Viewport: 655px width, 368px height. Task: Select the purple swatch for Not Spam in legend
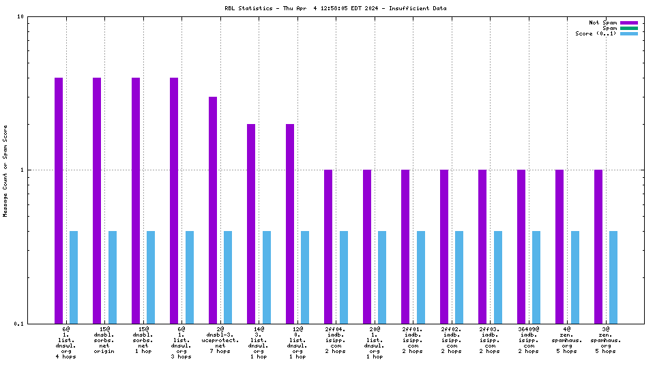tap(628, 22)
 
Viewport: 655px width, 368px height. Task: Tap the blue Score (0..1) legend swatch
tap(628, 33)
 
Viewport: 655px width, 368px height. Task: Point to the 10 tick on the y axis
tap(20, 17)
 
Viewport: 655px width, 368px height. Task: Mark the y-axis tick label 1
tap(23, 170)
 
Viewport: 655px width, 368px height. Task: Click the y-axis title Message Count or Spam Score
tap(6, 170)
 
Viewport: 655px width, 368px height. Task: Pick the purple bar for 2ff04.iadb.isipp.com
tap(328, 247)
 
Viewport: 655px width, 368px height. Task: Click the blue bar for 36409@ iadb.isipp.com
tap(536, 277)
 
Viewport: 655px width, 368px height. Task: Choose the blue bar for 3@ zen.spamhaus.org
tap(613, 277)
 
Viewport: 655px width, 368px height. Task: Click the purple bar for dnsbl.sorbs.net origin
tap(97, 200)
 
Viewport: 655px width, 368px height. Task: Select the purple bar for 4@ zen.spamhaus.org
tap(559, 247)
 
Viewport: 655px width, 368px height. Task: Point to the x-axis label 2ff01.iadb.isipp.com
tap(413, 340)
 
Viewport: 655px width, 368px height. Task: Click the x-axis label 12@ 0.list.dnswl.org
tap(297, 340)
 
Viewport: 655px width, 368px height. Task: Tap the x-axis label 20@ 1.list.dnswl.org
tap(375, 340)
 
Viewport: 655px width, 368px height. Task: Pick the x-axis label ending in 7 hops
tap(220, 340)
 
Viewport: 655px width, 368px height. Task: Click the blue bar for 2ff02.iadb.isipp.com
tap(459, 277)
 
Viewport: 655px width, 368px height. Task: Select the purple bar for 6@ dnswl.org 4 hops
tap(59, 200)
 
